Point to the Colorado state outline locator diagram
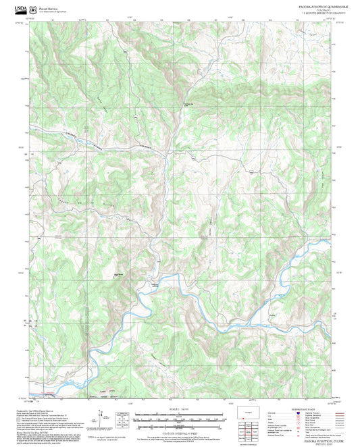(249, 413)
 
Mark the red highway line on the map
(47, 394)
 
